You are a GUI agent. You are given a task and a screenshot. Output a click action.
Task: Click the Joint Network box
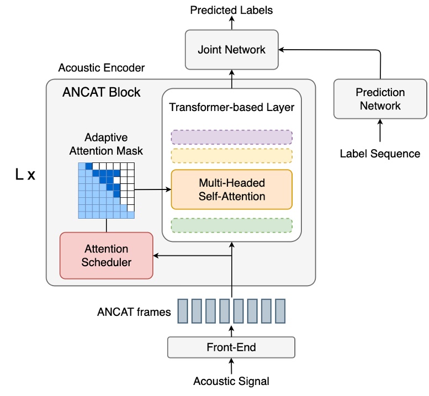231,49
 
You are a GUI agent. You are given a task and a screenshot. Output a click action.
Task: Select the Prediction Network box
380,99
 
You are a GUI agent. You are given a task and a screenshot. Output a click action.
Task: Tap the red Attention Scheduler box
106,256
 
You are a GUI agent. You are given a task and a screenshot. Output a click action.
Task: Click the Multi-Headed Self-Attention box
231,189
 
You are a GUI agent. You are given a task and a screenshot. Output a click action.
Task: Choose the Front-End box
231,347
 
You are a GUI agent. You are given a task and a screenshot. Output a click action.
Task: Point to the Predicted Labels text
231,10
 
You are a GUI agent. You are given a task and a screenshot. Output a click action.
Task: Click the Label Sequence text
380,154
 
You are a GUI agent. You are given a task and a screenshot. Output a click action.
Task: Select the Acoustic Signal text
231,381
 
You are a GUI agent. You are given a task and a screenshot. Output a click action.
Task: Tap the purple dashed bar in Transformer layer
231,136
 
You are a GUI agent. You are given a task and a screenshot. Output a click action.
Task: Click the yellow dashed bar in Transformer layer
231,155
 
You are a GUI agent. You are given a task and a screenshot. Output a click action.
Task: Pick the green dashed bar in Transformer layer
231,225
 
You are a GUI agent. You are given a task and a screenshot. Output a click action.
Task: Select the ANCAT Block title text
102,92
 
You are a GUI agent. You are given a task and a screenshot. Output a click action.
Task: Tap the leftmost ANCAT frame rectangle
182,310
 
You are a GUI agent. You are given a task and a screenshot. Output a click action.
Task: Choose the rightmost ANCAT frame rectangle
280,310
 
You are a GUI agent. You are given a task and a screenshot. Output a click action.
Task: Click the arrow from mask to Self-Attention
152,189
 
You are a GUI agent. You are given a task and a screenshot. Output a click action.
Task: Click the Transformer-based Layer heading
231,107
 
